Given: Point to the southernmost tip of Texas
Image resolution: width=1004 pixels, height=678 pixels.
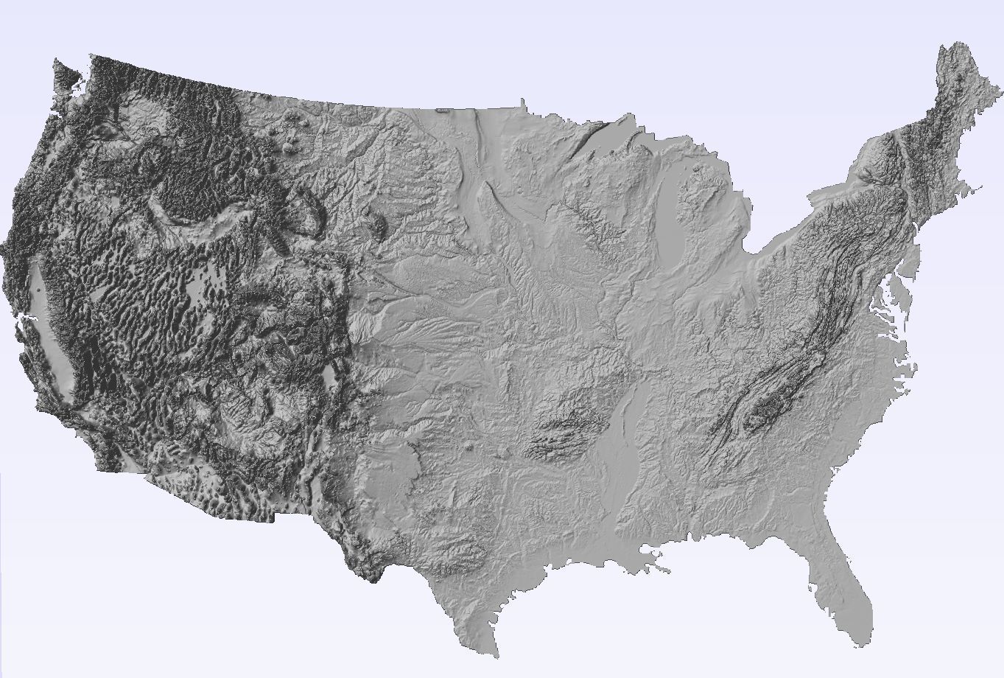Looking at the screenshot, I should pyautogui.click(x=495, y=654).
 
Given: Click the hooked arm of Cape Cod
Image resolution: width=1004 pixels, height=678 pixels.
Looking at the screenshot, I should pyautogui.click(x=977, y=190).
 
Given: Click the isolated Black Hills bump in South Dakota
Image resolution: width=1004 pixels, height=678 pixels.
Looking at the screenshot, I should pyautogui.click(x=380, y=225).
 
